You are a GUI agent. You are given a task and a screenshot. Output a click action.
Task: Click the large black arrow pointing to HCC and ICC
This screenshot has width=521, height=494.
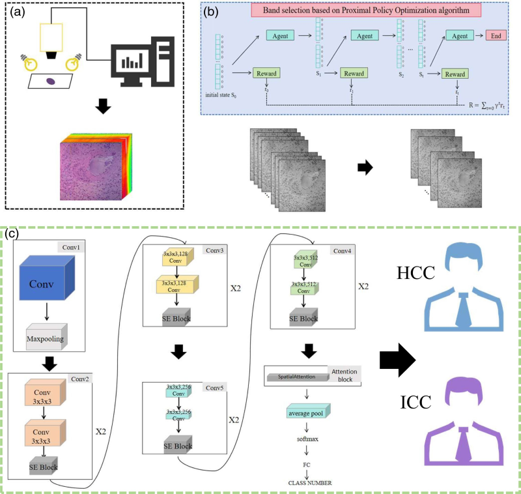click(397, 358)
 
